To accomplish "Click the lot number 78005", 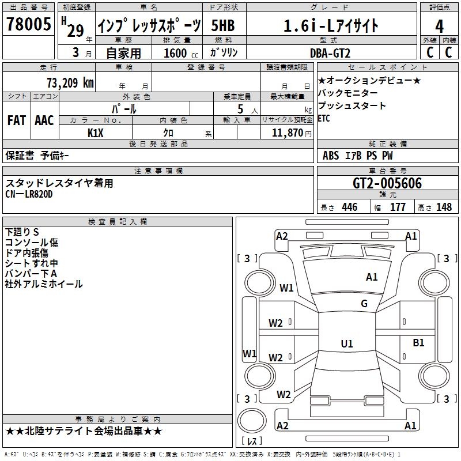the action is pyautogui.click(x=28, y=24).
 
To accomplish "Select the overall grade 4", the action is pyautogui.click(x=439, y=27).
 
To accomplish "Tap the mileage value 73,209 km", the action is pyautogui.click(x=70, y=83).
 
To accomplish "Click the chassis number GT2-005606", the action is pyautogui.click(x=387, y=183).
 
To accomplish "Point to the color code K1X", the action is pyautogui.click(x=96, y=133).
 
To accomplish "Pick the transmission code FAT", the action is pyautogui.click(x=17, y=120).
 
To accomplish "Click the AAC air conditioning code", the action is pyautogui.click(x=44, y=120).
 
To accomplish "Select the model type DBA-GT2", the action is pyautogui.click(x=330, y=53).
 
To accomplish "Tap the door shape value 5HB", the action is pyautogui.click(x=223, y=25).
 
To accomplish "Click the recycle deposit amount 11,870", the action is pyautogui.click(x=287, y=133).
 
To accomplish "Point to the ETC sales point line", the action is pyautogui.click(x=324, y=119).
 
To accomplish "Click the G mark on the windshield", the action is pyautogui.click(x=364, y=304).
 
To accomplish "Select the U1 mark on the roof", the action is pyautogui.click(x=347, y=343).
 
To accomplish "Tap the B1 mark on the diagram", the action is pyautogui.click(x=419, y=343).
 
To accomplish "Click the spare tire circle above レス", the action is pyautogui.click(x=252, y=421).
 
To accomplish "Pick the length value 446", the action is pyautogui.click(x=350, y=207).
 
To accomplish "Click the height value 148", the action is pyautogui.click(x=444, y=207).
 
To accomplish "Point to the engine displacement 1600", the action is pyautogui.click(x=175, y=53).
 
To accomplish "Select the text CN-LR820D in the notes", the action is pyautogui.click(x=29, y=194).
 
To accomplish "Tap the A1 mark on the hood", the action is pyautogui.click(x=372, y=277).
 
